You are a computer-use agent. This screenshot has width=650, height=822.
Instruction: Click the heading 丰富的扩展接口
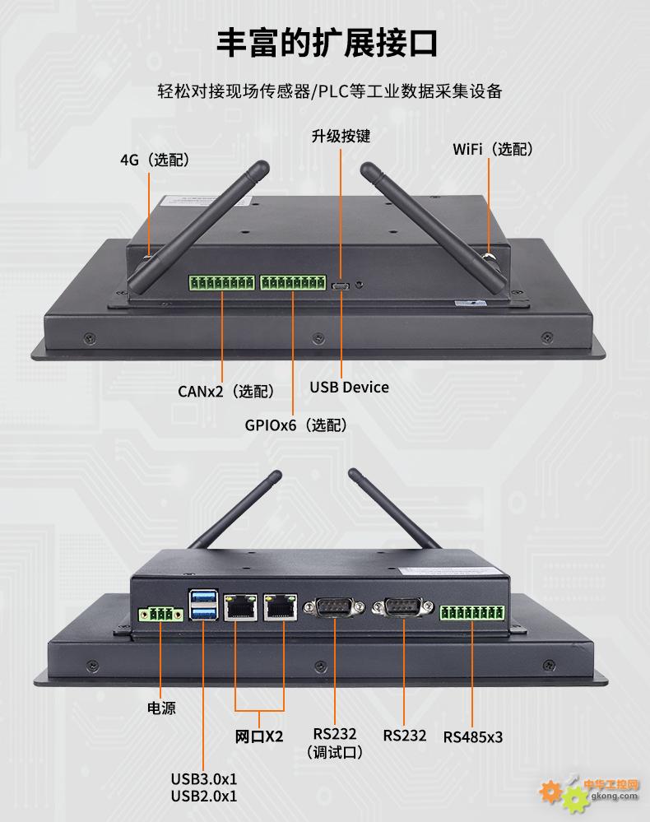(327, 43)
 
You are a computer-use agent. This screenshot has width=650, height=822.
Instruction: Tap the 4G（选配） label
(155, 160)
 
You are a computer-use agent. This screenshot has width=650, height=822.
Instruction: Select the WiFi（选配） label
(493, 149)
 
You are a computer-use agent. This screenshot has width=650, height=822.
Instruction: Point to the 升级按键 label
(340, 136)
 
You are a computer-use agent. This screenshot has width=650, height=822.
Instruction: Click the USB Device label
(349, 387)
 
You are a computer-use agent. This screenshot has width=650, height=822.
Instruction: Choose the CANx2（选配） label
(225, 391)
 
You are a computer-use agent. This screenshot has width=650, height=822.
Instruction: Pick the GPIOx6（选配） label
(295, 425)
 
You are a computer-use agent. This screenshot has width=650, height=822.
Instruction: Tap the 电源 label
(160, 708)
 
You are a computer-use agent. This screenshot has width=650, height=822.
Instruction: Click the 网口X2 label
(259, 736)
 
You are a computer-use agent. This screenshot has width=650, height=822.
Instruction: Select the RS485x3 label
(472, 736)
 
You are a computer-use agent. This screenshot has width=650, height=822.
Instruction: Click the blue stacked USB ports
(204, 605)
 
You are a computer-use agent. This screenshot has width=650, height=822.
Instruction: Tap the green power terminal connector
(160, 614)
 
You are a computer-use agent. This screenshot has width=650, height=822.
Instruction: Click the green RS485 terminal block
(471, 613)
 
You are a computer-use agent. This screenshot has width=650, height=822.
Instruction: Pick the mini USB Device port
(341, 286)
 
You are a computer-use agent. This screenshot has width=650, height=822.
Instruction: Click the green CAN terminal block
(221, 284)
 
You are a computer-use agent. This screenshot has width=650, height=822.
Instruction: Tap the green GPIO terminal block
(293, 284)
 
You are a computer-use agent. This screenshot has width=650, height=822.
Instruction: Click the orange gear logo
(550, 792)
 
